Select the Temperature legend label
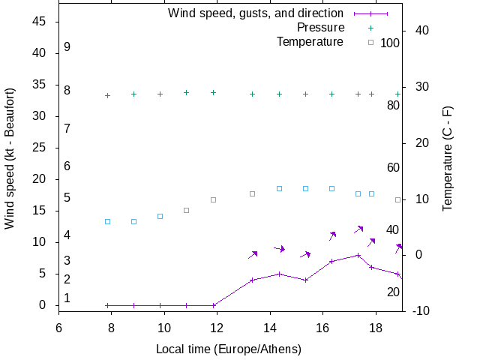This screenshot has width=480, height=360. pos(310,42)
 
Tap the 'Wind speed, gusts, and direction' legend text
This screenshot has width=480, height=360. pos(255,13)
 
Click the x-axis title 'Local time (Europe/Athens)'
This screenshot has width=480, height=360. pos(229,349)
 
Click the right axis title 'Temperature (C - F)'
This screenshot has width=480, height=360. pos(448,157)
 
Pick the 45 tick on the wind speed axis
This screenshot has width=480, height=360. pos(40,22)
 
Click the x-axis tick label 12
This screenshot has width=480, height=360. pos(217,327)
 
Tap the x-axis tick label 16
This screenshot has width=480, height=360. pos(322,327)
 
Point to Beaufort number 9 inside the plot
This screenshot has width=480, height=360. pos(67,47)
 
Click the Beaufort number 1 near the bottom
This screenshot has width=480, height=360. pos(67,298)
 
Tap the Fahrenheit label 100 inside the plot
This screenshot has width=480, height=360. pos(390,43)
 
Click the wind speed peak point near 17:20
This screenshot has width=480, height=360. pos(358,255)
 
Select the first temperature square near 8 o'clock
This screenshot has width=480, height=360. pos(107,221)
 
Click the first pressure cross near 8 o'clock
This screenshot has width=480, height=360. pos(107,95)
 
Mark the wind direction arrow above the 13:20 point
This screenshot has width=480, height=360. pos(253,255)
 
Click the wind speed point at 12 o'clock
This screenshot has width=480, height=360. pos(214,305)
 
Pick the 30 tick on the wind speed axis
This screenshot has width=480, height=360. pos(40,116)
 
